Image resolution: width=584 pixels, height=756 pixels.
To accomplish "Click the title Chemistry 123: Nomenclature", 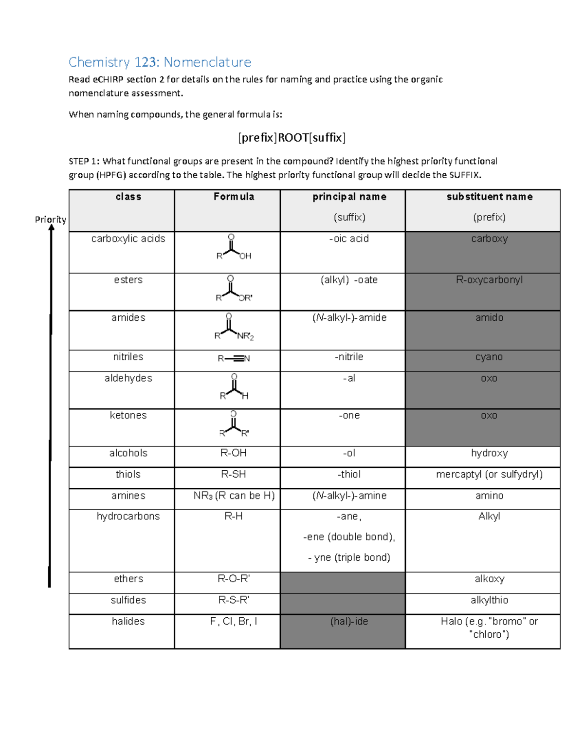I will pyautogui.click(x=160, y=62).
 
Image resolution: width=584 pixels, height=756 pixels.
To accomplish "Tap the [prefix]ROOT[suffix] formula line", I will pyautogui.click(x=292, y=138).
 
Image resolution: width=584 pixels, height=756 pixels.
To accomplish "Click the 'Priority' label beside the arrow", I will pyautogui.click(x=50, y=220).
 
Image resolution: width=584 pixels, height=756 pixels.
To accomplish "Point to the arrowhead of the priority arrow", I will pyautogui.click(x=51, y=228).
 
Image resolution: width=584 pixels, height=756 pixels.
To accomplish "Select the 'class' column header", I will pyautogui.click(x=128, y=197).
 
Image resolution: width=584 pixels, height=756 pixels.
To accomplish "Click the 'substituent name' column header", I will pyautogui.click(x=489, y=197).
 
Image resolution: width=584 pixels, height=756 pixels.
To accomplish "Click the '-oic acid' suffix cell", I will pyautogui.click(x=349, y=239).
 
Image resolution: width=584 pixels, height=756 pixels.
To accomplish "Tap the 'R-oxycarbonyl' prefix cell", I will pyautogui.click(x=489, y=280).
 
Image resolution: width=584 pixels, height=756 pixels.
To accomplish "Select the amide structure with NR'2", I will pyautogui.click(x=233, y=327).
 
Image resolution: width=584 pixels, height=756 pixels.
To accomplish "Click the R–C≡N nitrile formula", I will pyautogui.click(x=234, y=359).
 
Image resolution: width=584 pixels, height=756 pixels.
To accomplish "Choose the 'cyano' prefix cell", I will pyautogui.click(x=489, y=357).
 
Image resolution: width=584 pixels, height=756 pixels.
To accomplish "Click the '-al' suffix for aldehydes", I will pyautogui.click(x=349, y=378).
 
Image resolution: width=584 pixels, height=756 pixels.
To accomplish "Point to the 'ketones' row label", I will pyautogui.click(x=128, y=415).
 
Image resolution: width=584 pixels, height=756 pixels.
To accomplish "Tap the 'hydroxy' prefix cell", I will pyautogui.click(x=489, y=453).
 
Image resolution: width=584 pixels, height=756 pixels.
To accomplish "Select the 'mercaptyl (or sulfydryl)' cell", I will pyautogui.click(x=489, y=474).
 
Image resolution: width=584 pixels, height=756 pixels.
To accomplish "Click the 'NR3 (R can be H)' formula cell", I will pyautogui.click(x=234, y=496).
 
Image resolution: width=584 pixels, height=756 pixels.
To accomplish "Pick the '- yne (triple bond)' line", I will pyautogui.click(x=349, y=557).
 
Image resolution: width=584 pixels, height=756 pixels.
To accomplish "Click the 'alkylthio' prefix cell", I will pyautogui.click(x=489, y=600).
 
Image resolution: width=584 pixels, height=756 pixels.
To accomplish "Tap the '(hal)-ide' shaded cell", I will pyautogui.click(x=349, y=622).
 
